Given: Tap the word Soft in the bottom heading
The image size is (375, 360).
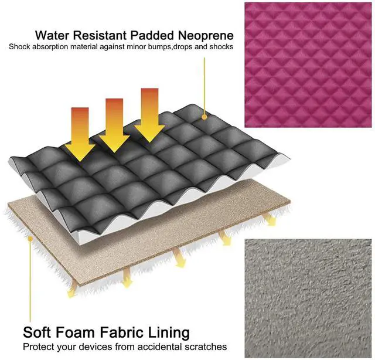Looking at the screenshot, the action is [x=37, y=333].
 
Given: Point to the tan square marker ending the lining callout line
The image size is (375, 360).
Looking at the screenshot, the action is [x=29, y=238].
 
